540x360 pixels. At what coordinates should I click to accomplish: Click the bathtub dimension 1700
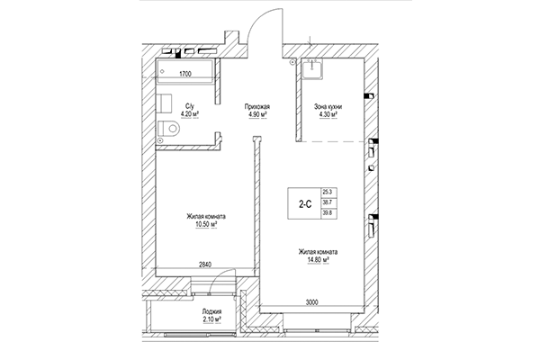click(x=187, y=72)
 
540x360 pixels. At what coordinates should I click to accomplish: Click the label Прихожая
click(x=258, y=106)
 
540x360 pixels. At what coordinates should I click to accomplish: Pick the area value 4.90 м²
click(x=258, y=115)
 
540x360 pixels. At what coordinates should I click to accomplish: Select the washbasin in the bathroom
click(x=165, y=101)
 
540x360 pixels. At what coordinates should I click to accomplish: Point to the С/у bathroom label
click(x=191, y=106)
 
